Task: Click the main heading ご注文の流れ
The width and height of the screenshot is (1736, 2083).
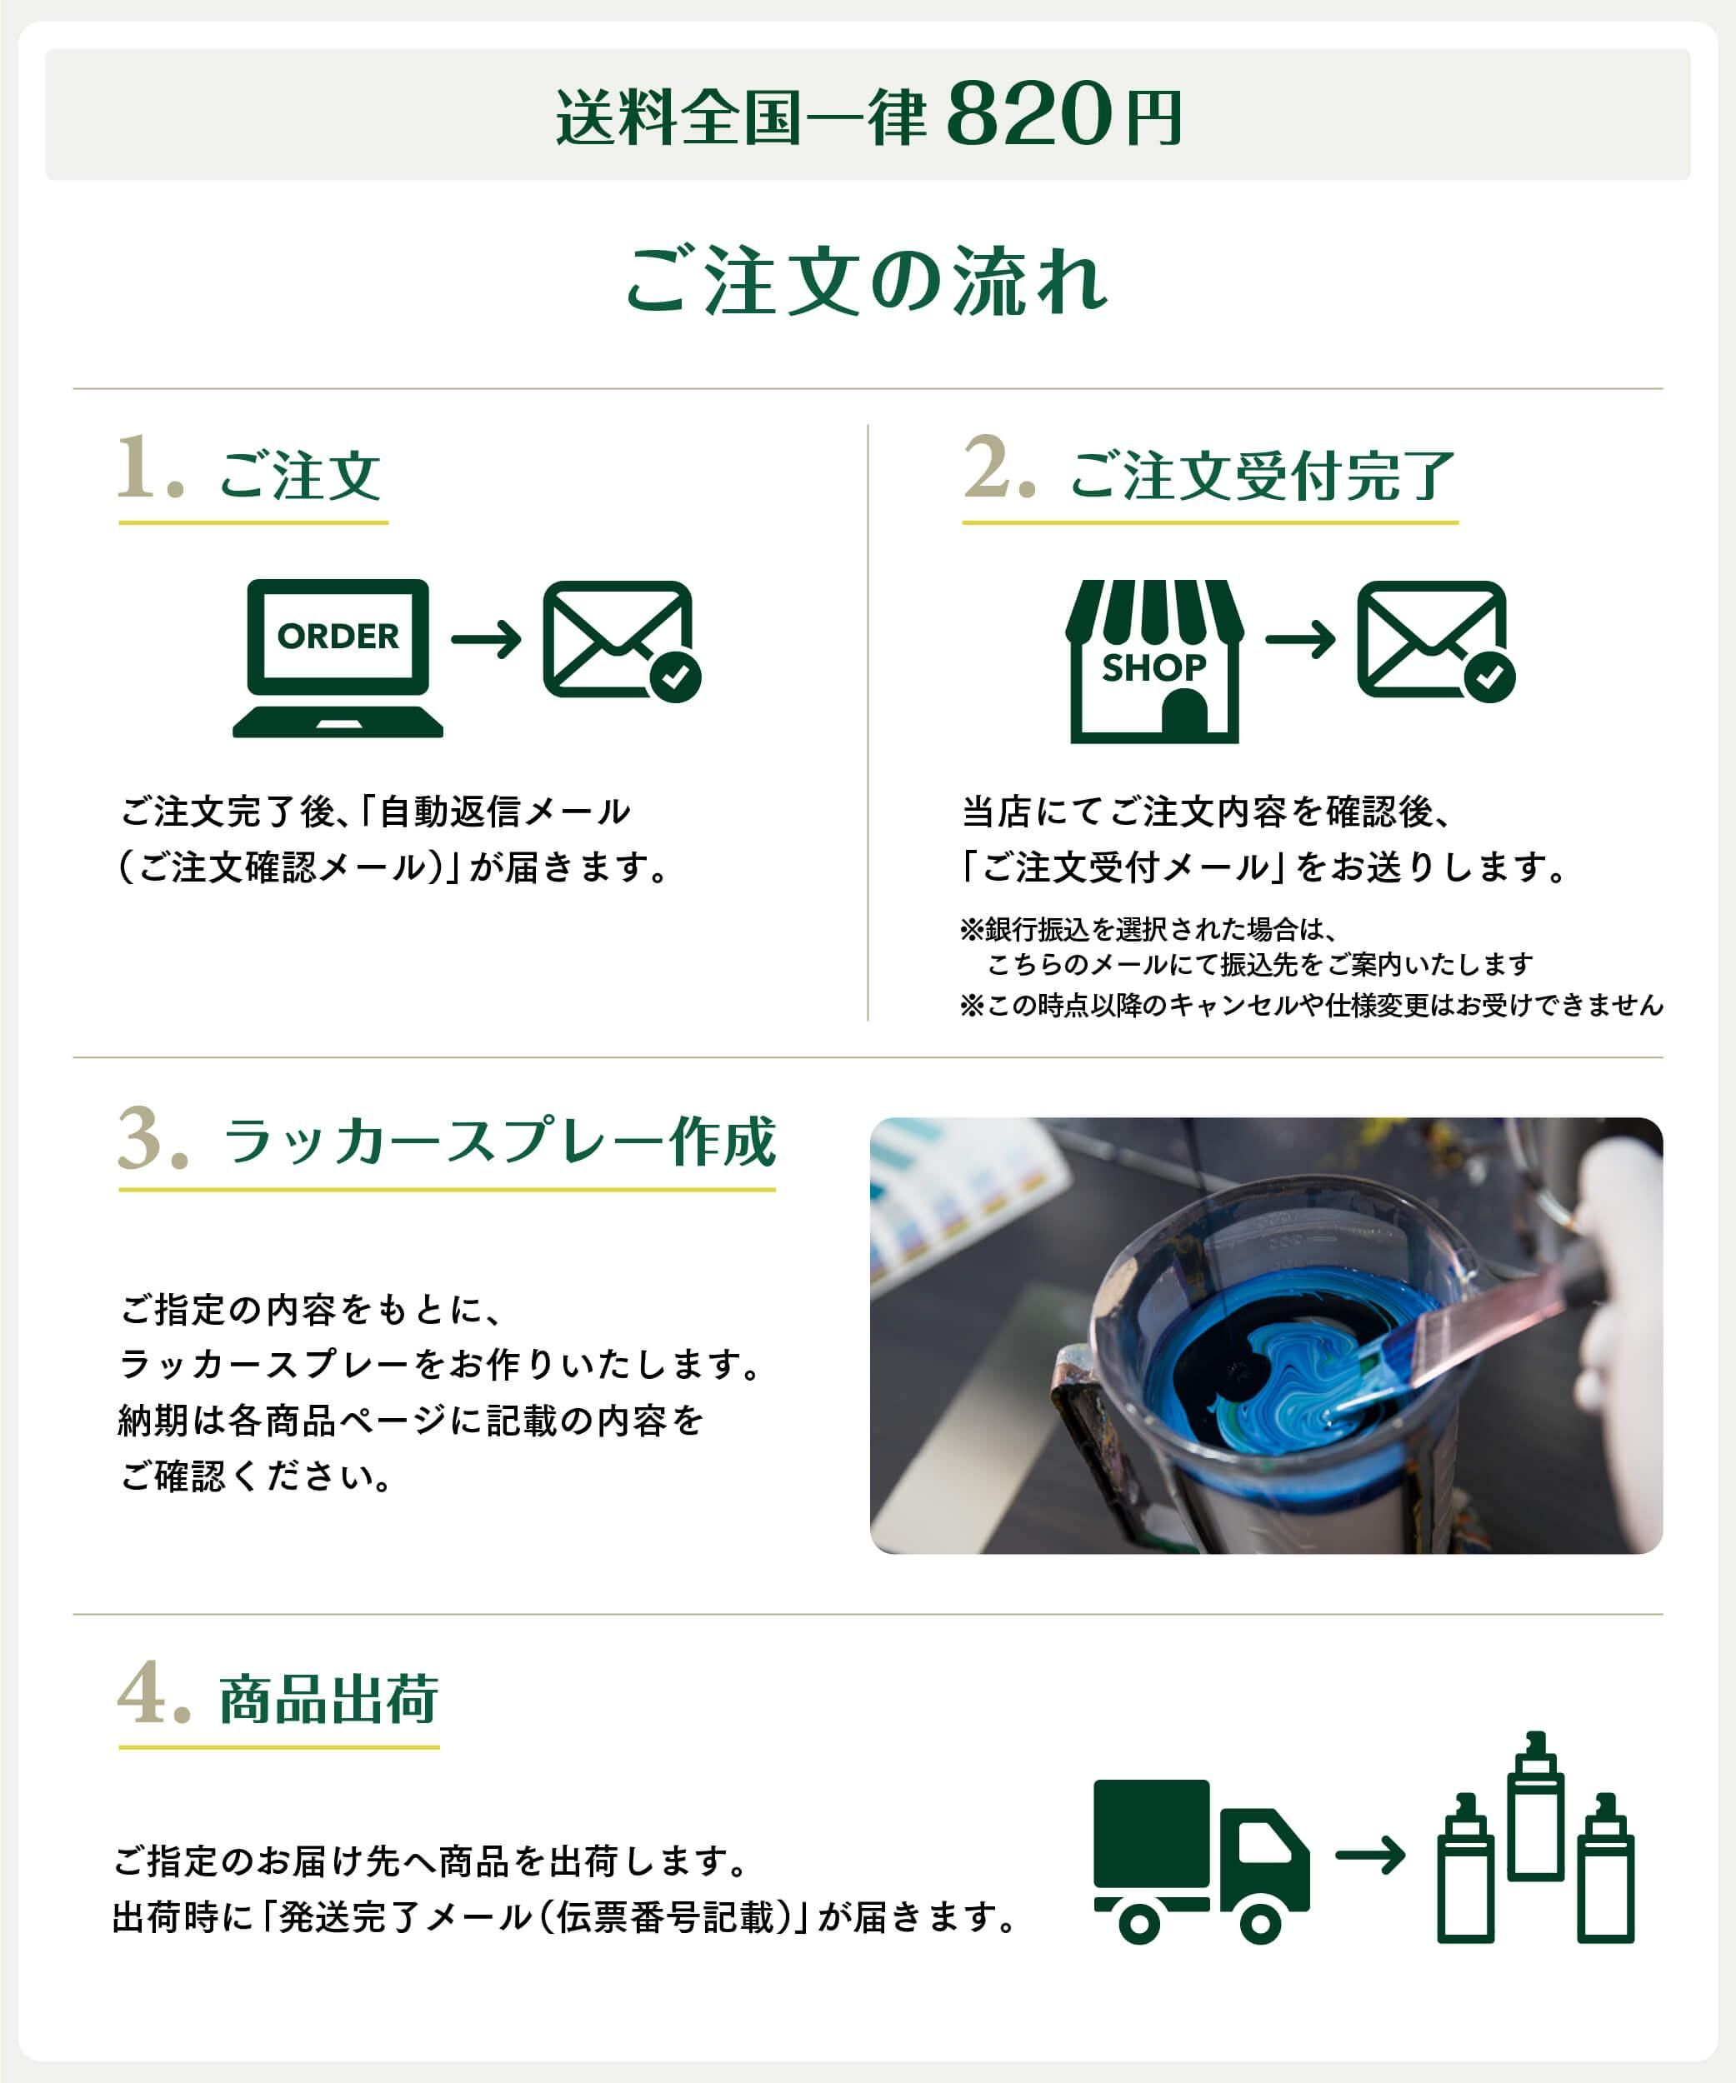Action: coord(866,282)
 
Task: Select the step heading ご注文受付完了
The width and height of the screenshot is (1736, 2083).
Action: coord(1262,476)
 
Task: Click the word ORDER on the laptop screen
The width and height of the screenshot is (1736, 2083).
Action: coord(338,636)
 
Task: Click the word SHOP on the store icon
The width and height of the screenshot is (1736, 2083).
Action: coord(1153,667)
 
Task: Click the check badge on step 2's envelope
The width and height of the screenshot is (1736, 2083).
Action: coord(1489,677)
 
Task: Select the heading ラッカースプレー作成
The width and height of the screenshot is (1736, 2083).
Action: coord(499,1141)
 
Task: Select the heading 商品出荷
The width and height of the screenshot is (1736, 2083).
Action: coord(328,1700)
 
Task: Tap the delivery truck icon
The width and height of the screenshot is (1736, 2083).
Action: coord(1200,1860)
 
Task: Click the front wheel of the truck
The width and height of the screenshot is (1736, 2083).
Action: coord(1260,1925)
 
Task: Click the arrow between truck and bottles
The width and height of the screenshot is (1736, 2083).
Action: coord(1370,1855)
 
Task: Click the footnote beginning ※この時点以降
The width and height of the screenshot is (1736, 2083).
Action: coord(1310,1006)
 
